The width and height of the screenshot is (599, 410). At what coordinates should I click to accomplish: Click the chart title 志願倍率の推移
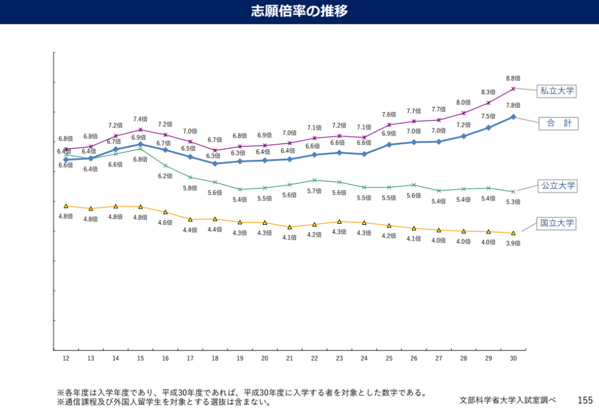coord(299,11)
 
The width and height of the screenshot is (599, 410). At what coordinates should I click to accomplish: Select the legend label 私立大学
coord(557,91)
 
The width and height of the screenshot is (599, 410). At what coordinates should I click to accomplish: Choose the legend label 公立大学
coord(557,186)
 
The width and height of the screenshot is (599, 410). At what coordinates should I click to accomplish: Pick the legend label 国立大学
coord(557,223)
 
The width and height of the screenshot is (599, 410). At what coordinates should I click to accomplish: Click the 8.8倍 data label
coord(513,78)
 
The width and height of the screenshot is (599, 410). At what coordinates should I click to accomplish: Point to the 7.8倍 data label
coord(513,105)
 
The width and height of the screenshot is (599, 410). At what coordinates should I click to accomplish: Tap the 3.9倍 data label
coord(513,243)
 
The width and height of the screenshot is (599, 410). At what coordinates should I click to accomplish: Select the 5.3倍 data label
coord(513,202)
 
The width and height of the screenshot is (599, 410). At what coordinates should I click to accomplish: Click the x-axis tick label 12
coord(66,358)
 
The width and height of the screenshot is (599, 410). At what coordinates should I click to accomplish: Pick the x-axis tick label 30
coord(513,358)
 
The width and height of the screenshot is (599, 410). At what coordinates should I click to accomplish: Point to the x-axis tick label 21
coord(290,358)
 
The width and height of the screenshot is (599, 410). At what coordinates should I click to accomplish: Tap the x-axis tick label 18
coord(215,358)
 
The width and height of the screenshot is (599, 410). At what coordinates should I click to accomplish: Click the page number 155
coord(584,400)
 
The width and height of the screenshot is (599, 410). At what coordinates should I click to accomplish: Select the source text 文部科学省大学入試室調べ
coord(507,400)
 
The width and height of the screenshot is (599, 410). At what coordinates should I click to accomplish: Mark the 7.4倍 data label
coord(140,119)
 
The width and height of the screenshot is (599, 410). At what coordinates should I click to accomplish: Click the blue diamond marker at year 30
coord(513,117)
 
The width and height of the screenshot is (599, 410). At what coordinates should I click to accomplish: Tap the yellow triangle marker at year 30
coord(513,233)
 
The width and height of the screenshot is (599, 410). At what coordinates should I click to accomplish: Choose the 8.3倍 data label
coord(488,92)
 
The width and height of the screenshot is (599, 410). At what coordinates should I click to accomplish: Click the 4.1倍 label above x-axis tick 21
coord(290,237)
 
